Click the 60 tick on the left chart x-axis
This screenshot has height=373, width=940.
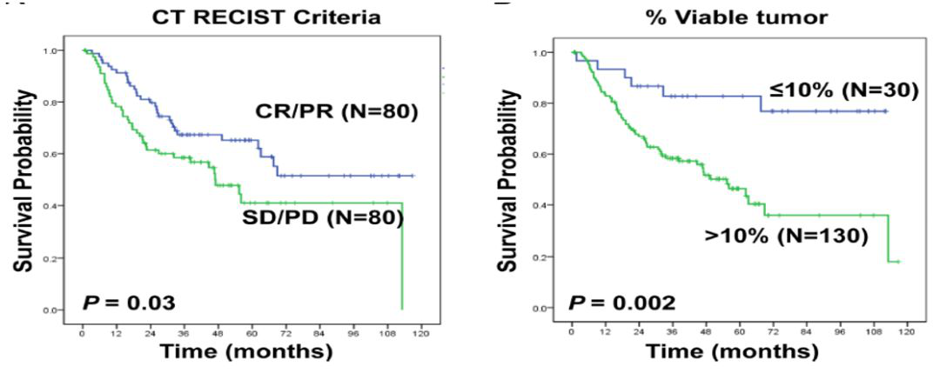point(252,331)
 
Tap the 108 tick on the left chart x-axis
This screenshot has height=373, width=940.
point(387,331)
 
